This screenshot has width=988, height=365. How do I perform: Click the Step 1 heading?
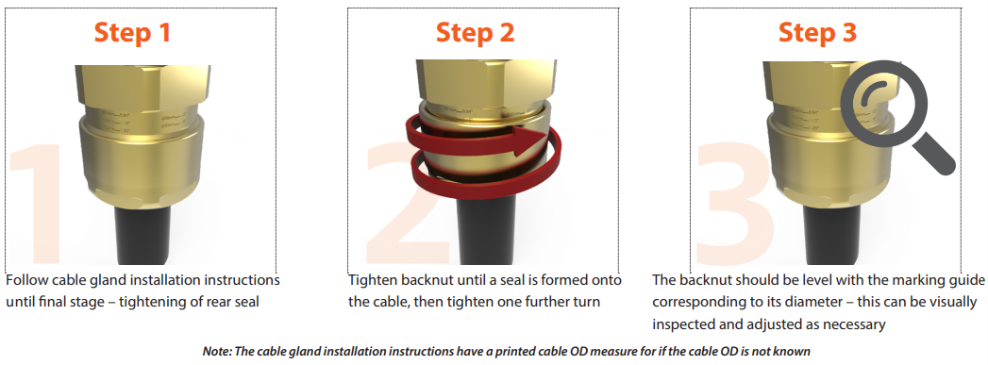pyautogui.click(x=132, y=33)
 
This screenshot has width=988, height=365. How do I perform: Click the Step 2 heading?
pyautogui.click(x=475, y=33)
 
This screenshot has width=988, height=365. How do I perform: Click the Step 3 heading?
pyautogui.click(x=818, y=33)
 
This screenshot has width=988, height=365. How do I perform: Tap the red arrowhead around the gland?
pyautogui.click(x=530, y=140)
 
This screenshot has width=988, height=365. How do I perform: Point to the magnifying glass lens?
pyautogui.click(x=882, y=102)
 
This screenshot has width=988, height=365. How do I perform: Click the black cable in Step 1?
pyautogui.click(x=142, y=237)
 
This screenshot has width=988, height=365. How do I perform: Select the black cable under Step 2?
pyautogui.click(x=484, y=237)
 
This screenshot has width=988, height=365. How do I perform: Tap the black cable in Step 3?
pyautogui.click(x=830, y=237)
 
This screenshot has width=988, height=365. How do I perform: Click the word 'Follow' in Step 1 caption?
pyautogui.click(x=24, y=279)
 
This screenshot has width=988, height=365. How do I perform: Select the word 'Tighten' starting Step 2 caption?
pyautogui.click(x=371, y=279)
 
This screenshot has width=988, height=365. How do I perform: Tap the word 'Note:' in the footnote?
pyautogui.click(x=217, y=351)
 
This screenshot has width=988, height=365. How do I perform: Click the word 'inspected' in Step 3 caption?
pyautogui.click(x=681, y=325)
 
